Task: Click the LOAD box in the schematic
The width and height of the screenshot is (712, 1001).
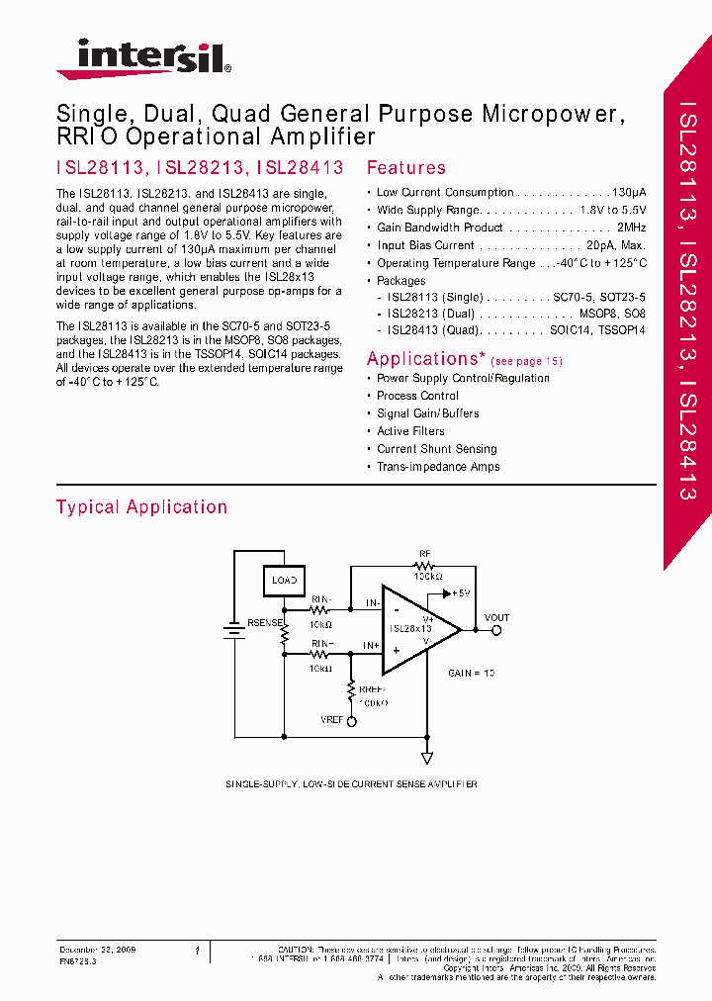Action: point(284,581)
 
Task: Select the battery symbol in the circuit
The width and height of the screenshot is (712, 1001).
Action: point(233,632)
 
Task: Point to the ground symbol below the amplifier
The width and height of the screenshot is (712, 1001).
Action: point(427,758)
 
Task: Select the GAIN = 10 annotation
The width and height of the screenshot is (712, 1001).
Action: point(472,673)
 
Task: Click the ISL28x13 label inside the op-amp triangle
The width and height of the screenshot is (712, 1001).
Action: point(410,629)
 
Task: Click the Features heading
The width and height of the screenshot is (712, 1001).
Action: point(405,168)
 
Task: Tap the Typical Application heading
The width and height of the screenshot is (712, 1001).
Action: point(141,507)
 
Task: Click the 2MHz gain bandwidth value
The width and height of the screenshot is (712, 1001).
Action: point(629,227)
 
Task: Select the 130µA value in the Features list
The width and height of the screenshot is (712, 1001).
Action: point(629,192)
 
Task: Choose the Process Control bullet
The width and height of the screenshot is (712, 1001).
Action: point(417,396)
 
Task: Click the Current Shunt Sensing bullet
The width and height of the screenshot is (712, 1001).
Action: point(436,449)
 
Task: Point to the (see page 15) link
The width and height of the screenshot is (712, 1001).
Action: point(526,362)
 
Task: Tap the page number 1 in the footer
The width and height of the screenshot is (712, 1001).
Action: point(197,951)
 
